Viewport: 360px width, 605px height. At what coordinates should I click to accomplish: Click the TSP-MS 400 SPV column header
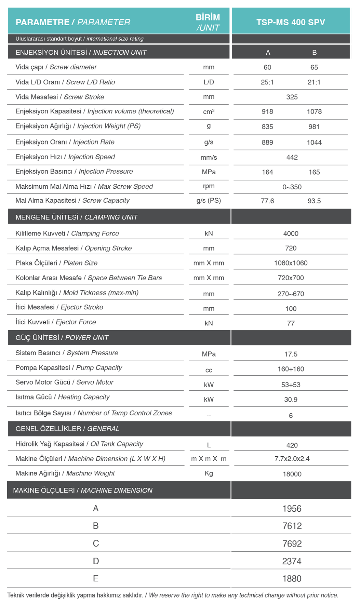pos(291,22)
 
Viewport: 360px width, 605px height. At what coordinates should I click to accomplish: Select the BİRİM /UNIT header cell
pos(208,22)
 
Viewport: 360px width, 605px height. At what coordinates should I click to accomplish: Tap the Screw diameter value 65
pos(314,67)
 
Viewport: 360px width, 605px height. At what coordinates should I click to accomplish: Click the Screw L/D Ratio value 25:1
pos(267,82)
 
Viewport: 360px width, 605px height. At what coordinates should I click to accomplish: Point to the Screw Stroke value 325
pos(292,97)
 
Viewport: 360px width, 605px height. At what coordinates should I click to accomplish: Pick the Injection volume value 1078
pos(314,112)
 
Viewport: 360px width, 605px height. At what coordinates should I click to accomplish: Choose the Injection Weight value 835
pos(267,127)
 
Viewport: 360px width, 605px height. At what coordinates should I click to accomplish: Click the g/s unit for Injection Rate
pos(209,142)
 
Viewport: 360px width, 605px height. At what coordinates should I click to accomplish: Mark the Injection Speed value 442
pos(292,157)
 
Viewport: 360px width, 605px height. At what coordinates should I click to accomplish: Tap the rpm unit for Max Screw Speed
pos(209,186)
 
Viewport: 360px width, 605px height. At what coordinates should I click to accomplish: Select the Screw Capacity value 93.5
pos(314,201)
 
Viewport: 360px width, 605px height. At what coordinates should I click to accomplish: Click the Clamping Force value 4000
pos(291,234)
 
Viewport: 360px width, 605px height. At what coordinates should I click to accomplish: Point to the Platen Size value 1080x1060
pos(291,263)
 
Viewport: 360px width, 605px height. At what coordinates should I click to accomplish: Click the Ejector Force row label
pos(56,322)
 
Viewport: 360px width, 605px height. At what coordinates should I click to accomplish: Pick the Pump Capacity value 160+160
pos(291,369)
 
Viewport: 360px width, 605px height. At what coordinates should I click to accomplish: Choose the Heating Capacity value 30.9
pos(291,400)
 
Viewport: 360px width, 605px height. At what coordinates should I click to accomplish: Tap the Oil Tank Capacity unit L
pos(209,445)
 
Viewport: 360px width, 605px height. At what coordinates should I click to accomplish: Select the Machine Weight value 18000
pos(292,474)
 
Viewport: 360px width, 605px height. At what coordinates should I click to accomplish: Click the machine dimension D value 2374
pos(292,561)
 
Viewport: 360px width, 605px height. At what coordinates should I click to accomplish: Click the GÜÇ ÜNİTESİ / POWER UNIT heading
pos(62,338)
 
